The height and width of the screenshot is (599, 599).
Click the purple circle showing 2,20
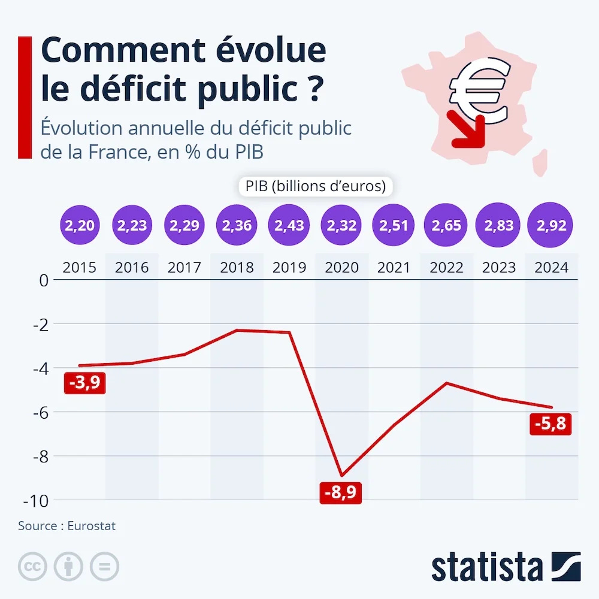click(80, 226)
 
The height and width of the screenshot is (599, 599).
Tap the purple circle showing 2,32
click(341, 226)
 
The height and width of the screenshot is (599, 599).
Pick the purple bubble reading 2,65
click(446, 226)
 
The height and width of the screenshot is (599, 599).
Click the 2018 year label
click(237, 267)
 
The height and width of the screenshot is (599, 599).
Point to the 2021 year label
click(394, 267)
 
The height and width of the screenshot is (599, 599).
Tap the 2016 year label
click(132, 267)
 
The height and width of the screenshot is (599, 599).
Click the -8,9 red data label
click(341, 492)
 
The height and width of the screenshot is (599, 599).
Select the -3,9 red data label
click(84, 383)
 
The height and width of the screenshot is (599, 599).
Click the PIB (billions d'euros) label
click(314, 186)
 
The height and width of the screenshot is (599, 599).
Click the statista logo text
click(486, 565)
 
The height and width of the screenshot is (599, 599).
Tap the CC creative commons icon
click(33, 565)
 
